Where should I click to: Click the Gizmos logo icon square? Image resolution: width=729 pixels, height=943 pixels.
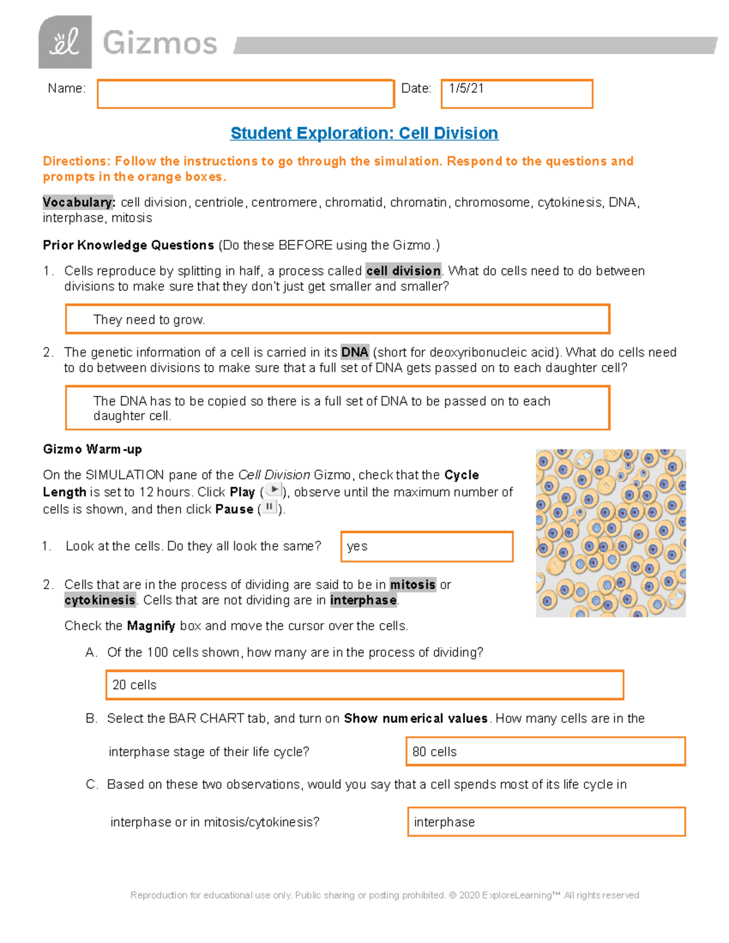[65, 43]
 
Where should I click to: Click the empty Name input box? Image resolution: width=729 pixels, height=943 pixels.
[245, 94]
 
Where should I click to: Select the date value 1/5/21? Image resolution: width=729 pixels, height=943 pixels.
[467, 89]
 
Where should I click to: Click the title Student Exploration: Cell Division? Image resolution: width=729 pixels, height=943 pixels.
[364, 134]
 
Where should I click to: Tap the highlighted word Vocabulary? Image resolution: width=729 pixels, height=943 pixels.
[78, 202]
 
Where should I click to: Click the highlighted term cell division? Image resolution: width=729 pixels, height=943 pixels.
[403, 271]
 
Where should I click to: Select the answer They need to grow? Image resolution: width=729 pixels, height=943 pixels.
[149, 320]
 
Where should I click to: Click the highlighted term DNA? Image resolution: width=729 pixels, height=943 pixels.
[355, 352]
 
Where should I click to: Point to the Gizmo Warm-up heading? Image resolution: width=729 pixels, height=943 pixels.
[92, 449]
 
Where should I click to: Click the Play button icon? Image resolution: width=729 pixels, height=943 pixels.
[274, 490]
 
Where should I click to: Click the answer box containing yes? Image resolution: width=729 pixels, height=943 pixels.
[426, 546]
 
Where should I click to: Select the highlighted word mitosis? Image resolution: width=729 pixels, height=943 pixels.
[412, 585]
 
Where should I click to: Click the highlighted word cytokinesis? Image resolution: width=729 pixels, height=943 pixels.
[100, 601]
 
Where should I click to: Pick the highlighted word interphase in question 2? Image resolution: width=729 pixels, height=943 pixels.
[363, 601]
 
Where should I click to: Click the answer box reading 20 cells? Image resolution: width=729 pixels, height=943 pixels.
[364, 685]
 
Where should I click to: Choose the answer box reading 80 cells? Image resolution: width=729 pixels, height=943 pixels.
[545, 752]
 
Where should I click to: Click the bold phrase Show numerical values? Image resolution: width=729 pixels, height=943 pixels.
[416, 718]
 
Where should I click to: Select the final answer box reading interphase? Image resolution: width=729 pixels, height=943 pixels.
[546, 822]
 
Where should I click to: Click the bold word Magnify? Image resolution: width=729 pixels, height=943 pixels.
[151, 626]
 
